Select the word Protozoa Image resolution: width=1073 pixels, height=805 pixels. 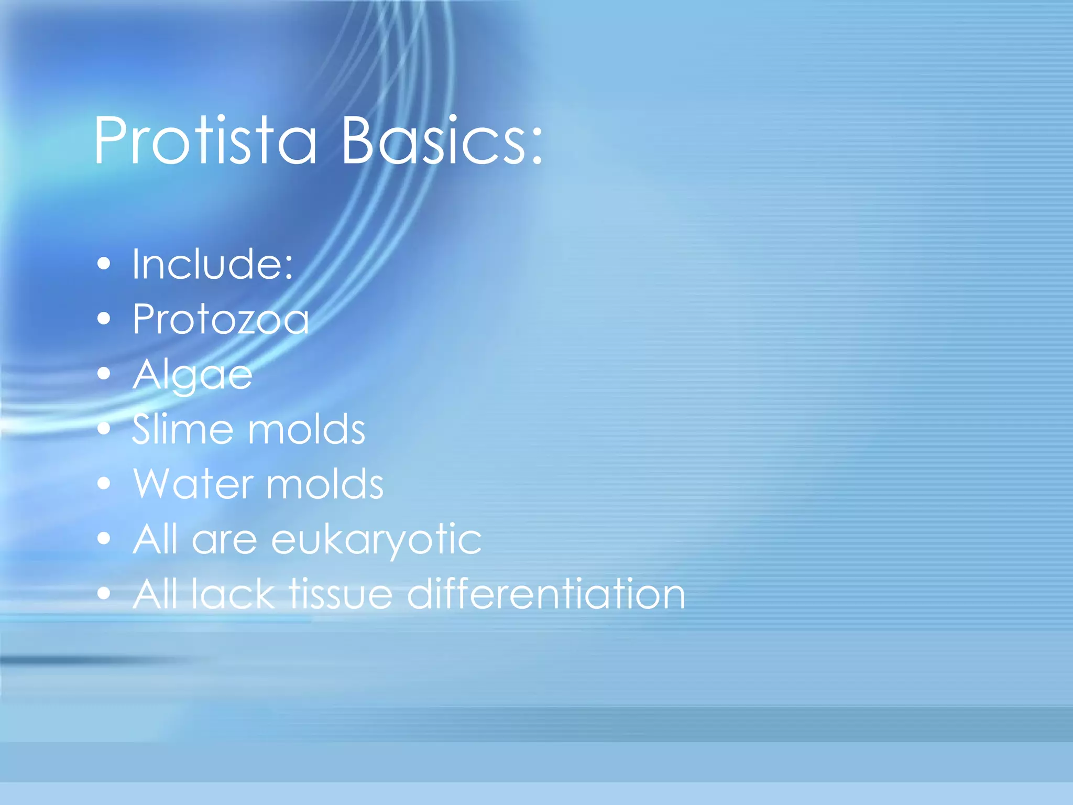tap(221, 319)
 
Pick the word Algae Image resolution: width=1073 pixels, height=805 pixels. tap(192, 375)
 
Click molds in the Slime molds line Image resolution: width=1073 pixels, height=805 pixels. tap(306, 429)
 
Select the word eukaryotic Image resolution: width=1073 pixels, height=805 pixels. tap(376, 539)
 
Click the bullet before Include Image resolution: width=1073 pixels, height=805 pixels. tap(104, 264)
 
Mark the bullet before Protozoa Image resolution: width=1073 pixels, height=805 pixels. tap(104, 319)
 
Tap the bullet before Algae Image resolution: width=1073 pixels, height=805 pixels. tap(104, 374)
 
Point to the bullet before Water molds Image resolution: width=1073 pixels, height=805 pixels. tap(104, 483)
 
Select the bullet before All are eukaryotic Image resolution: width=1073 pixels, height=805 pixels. tap(104, 538)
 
